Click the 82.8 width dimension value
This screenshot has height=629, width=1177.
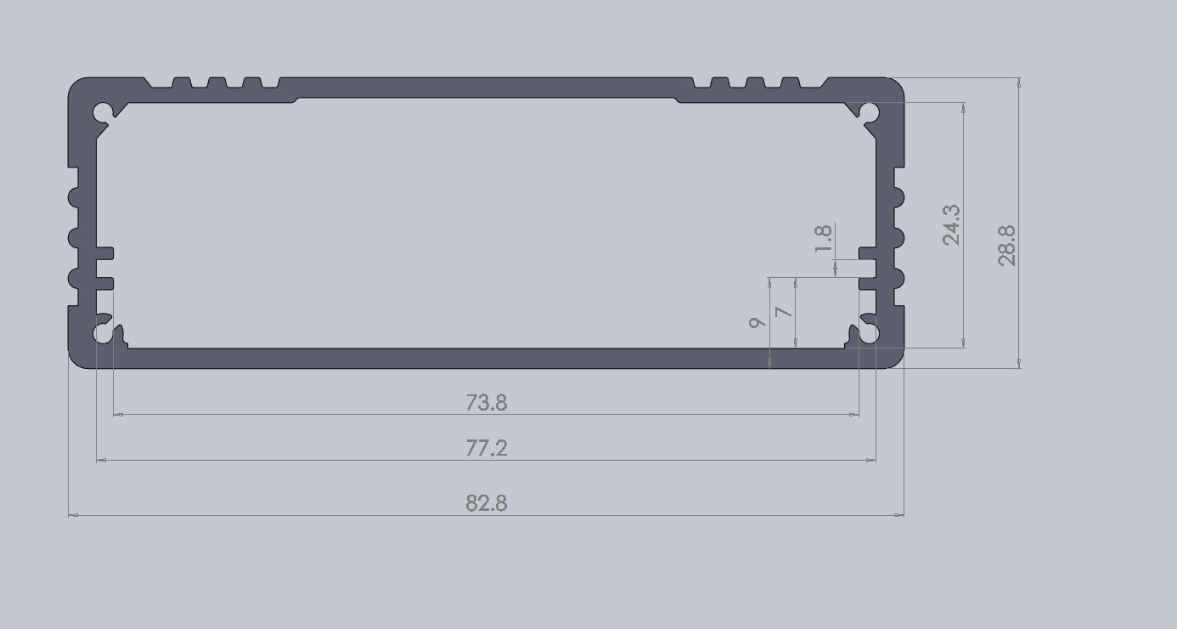486,503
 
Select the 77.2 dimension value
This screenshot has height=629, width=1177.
486,448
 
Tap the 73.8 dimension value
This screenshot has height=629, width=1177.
486,402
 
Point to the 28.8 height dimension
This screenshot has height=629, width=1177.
1007,246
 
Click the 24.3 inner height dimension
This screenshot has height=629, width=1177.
952,224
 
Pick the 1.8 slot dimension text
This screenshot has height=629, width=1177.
822,239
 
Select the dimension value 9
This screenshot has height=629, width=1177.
756,322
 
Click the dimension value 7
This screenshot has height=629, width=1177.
785,312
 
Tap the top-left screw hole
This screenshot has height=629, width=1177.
104,111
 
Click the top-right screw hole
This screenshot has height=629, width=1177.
869,111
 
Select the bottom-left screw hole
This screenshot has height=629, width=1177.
103,334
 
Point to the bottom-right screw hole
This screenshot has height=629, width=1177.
869,334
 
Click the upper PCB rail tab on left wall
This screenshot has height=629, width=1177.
104,253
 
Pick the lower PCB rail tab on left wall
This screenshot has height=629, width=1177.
104,284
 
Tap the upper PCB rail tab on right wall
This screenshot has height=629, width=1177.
867,253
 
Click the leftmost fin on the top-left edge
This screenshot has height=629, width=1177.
180,83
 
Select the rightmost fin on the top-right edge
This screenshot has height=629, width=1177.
791,83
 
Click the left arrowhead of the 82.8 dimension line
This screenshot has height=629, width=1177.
73,515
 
